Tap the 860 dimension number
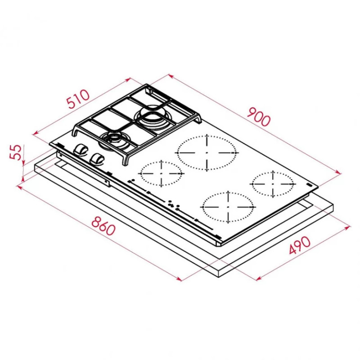click(x=103, y=226)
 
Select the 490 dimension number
click(x=300, y=245)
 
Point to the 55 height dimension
click(x=16, y=152)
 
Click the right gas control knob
click(x=97, y=159)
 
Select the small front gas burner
click(x=114, y=141)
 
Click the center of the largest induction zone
click(x=207, y=153)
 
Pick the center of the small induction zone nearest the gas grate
click(x=162, y=173)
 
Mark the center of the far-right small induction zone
click(x=273, y=184)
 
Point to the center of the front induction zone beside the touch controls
click(x=228, y=207)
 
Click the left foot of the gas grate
click(x=76, y=131)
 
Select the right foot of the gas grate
click(x=198, y=120)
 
